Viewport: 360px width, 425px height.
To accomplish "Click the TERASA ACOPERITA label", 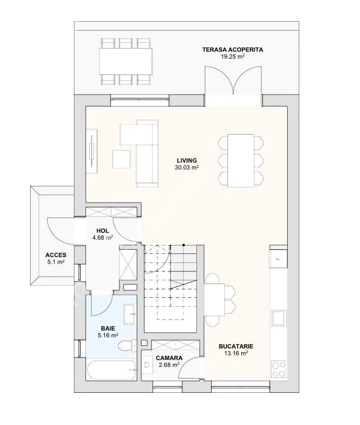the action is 233,50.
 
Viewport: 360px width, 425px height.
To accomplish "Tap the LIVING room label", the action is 187,160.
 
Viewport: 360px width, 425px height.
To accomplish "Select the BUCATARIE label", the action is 236,346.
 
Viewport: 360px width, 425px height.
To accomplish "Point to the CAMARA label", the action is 169,358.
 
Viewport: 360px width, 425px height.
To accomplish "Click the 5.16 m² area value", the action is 108,335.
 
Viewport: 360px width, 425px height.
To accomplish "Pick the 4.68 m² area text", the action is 102,238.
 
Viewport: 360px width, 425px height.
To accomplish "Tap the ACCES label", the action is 56,255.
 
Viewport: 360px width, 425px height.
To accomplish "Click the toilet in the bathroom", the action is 127,345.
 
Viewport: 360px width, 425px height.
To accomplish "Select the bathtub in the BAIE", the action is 112,370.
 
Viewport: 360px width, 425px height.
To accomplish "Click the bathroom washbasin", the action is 130,314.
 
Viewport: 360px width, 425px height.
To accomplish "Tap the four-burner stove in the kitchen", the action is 279,369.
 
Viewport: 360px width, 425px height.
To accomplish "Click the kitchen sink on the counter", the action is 279,318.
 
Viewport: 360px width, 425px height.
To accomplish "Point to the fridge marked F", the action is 278,259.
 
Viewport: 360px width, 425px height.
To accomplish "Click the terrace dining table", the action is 126,61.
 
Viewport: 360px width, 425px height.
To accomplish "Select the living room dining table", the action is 241,160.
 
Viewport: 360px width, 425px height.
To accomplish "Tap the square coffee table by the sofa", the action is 121,159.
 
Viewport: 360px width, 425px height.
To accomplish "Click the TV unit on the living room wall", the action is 92,150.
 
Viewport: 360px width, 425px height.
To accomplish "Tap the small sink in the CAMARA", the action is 147,365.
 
